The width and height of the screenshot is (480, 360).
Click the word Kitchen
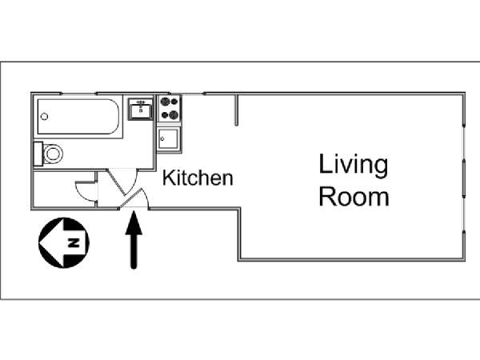tap(198, 178)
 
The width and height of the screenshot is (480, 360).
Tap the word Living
tap(354, 165)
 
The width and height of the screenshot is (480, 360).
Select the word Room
tap(354, 196)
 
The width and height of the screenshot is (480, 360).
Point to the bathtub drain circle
tap(44, 116)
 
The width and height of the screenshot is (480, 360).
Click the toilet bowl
tap(54, 154)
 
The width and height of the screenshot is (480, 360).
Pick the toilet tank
tap(38, 154)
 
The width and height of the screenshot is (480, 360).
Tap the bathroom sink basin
tap(141, 111)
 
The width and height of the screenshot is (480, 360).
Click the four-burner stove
tap(170, 108)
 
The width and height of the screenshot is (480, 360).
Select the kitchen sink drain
tap(162, 138)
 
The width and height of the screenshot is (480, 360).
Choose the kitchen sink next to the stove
tap(168, 139)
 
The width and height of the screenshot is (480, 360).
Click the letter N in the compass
tap(74, 242)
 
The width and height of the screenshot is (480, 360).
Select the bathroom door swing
tap(122, 182)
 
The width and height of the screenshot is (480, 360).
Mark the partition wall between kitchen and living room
tap(236, 110)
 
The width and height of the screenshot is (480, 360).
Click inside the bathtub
tap(78, 116)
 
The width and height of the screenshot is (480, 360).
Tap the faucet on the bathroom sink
tap(141, 102)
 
